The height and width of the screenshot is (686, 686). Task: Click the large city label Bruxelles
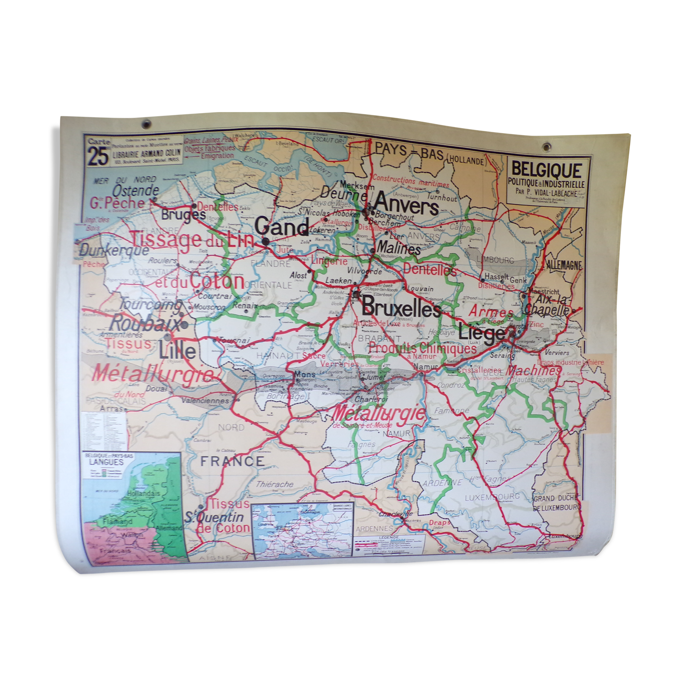tap(401, 309)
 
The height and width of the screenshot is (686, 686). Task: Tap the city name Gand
tap(282, 228)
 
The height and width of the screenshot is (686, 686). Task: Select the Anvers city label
tap(407, 204)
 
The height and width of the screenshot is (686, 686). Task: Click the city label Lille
tap(178, 350)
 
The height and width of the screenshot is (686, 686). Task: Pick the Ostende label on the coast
tap(136, 191)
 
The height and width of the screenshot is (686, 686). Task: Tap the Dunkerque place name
tap(114, 249)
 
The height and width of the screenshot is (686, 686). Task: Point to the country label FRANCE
tap(233, 461)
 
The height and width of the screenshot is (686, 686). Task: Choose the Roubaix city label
tap(145, 324)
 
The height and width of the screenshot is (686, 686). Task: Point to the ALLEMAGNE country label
tap(564, 265)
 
